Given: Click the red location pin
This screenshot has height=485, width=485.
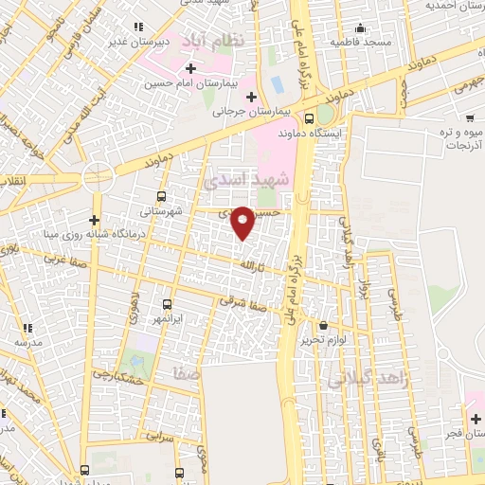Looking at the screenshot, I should click(x=243, y=221).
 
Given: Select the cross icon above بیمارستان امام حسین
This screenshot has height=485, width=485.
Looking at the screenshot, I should click(x=191, y=68).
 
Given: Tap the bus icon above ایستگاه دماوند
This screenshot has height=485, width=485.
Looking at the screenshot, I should click(x=310, y=119).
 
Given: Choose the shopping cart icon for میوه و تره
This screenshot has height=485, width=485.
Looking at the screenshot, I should click(x=470, y=118).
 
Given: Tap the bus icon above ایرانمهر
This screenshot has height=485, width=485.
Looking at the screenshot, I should click(x=167, y=304).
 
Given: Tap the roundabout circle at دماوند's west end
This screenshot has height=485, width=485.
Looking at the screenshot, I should click(x=97, y=176).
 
